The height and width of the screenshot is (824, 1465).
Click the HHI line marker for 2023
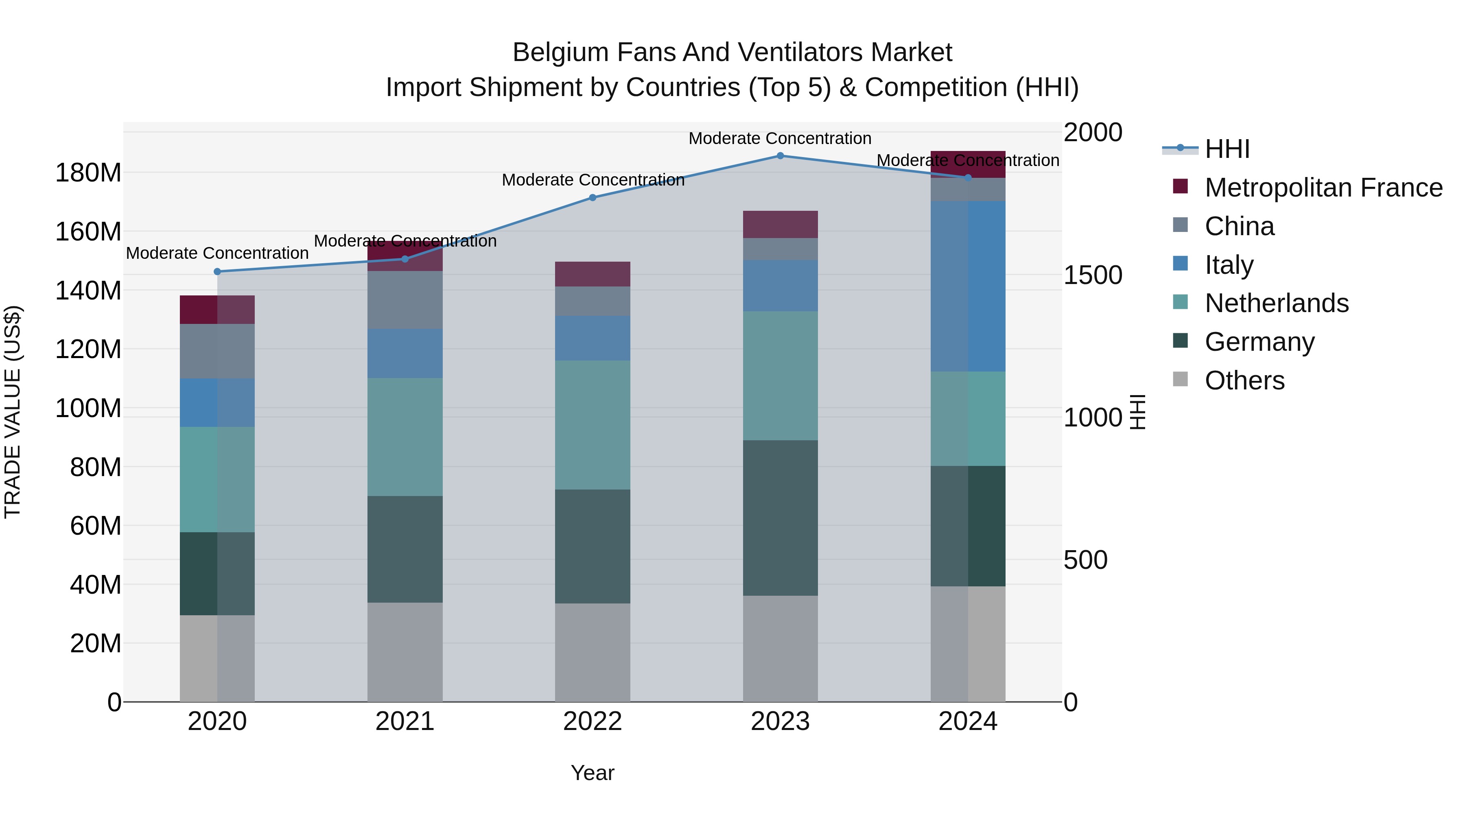pos(780,156)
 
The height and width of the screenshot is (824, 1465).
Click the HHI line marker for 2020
pos(217,272)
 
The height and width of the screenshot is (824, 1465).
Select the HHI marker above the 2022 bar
pos(593,198)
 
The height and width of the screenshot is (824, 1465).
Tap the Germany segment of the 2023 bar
pos(780,518)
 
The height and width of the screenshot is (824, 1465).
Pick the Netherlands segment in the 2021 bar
pos(405,437)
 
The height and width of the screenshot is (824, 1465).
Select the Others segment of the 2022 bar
pos(593,652)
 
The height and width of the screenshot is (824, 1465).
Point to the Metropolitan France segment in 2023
pos(780,224)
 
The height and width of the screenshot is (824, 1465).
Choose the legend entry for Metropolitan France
pos(1323,188)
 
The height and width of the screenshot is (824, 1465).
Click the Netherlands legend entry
pos(1276,303)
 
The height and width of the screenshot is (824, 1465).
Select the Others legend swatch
pos(1181,379)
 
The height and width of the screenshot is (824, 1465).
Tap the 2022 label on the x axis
pos(593,721)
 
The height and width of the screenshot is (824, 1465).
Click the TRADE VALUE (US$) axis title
pos(13,412)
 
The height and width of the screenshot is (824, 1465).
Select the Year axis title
pos(593,773)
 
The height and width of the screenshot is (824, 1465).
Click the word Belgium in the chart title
pos(560,52)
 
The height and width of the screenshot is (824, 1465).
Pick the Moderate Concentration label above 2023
pos(780,138)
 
